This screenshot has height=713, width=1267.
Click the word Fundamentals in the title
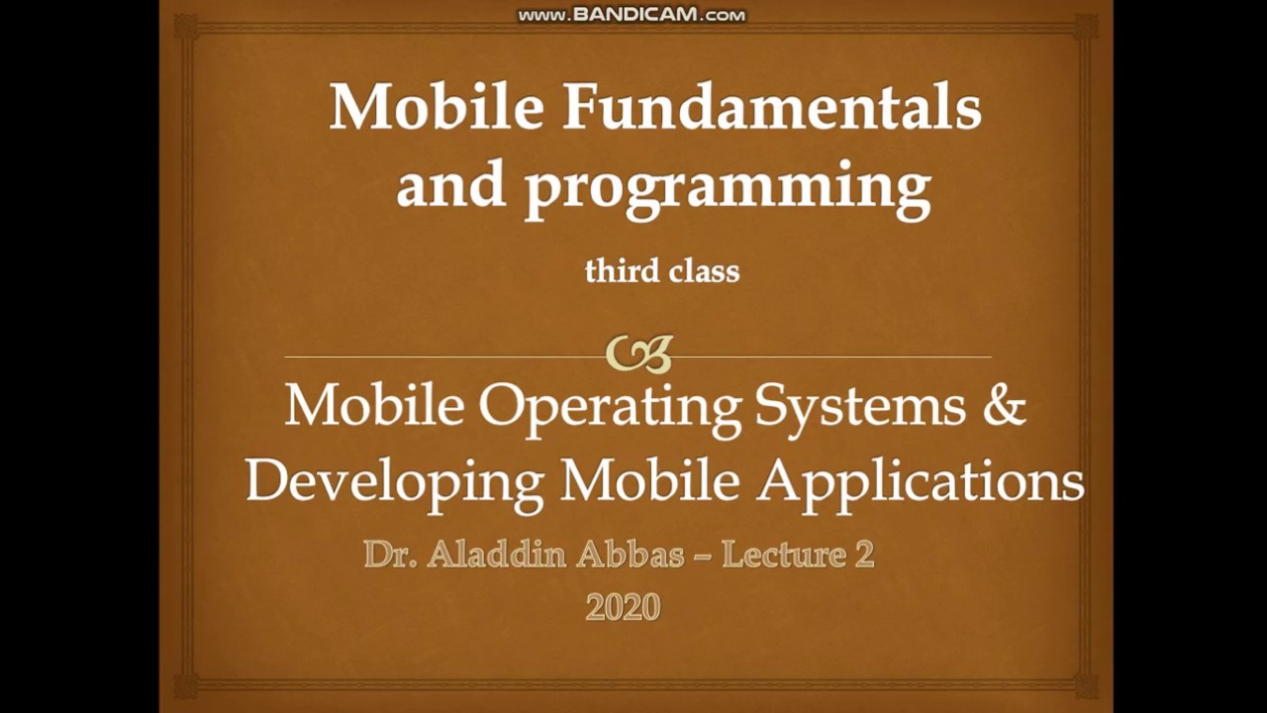pyautogui.click(x=772, y=107)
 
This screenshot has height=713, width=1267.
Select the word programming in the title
pyautogui.click(x=728, y=186)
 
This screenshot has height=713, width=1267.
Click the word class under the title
pyautogui.click(x=703, y=270)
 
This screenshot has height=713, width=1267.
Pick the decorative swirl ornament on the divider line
pyautogui.click(x=638, y=354)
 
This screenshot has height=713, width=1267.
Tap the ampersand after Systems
pyautogui.click(x=1003, y=406)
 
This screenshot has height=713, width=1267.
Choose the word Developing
pyautogui.click(x=394, y=482)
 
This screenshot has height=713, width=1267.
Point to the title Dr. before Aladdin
pyautogui.click(x=390, y=554)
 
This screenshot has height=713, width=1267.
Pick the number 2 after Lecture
pyautogui.click(x=863, y=554)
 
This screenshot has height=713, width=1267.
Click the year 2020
pyautogui.click(x=623, y=606)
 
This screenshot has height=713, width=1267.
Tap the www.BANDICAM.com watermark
pyautogui.click(x=632, y=15)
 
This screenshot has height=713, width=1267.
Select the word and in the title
pyautogui.click(x=451, y=186)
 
